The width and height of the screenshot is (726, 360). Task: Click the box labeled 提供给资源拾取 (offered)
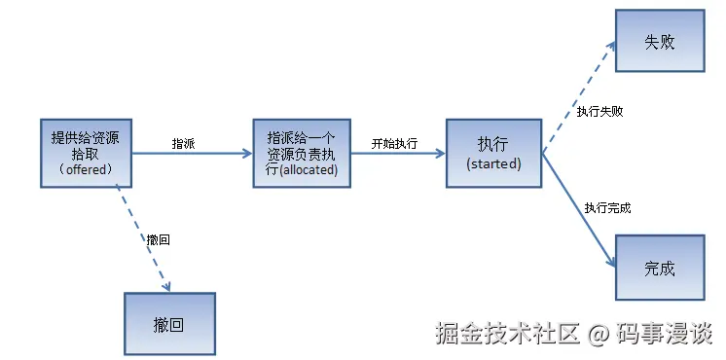(86, 153)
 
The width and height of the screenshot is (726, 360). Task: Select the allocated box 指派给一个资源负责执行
(301, 153)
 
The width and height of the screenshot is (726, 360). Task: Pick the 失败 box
(659, 43)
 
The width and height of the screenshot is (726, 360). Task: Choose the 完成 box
(659, 268)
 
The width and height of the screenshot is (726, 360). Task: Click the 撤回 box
(168, 324)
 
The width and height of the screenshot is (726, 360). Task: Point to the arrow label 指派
(183, 143)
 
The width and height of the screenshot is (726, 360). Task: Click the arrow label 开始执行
(394, 143)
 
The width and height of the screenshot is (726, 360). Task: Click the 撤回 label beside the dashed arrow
(159, 238)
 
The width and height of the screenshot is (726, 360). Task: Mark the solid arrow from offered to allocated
(190, 153)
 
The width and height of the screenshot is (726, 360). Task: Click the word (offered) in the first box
(86, 169)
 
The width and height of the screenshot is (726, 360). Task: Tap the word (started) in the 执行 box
(493, 163)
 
